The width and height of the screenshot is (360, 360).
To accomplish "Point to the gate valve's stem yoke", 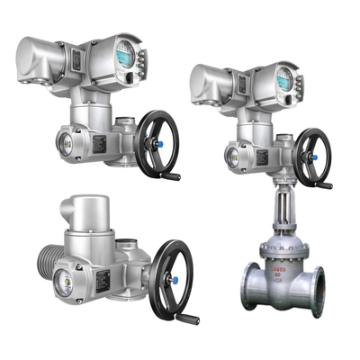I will coord(280,208).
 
